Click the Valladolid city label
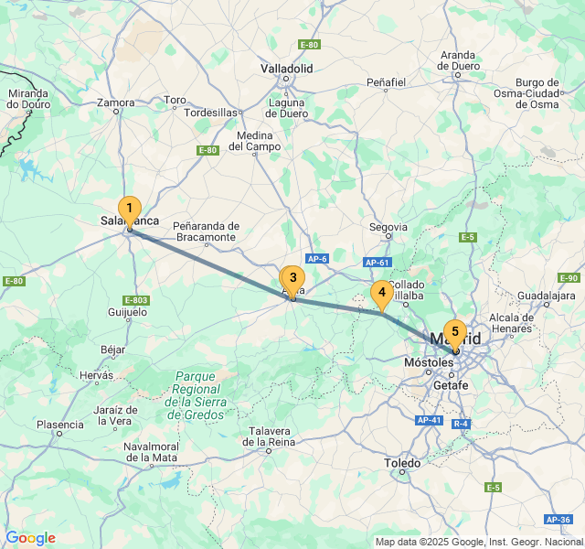tap(286, 69)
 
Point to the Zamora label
tap(116, 103)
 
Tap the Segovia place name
tap(388, 227)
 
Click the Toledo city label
tap(402, 464)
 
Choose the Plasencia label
tap(60, 425)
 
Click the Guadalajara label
tap(546, 296)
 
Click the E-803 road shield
tap(135, 299)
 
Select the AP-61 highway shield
tap(378, 263)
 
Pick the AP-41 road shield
tap(429, 420)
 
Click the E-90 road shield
tap(569, 278)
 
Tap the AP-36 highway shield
tap(558, 519)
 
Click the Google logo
tap(30, 538)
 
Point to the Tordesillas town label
tap(210, 113)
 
